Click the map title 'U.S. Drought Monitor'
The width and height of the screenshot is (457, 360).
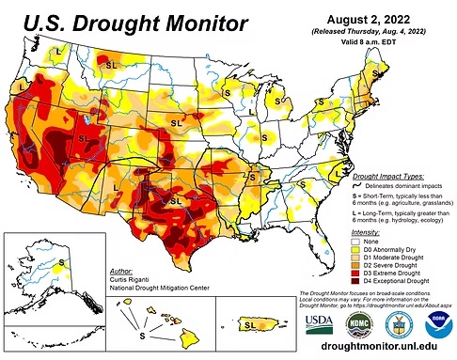[x=132, y=21]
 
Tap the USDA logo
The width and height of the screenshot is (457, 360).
[x=318, y=322]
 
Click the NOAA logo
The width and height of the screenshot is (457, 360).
[x=434, y=322]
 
